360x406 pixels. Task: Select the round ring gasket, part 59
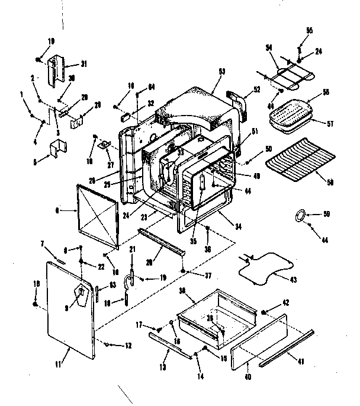300,215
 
